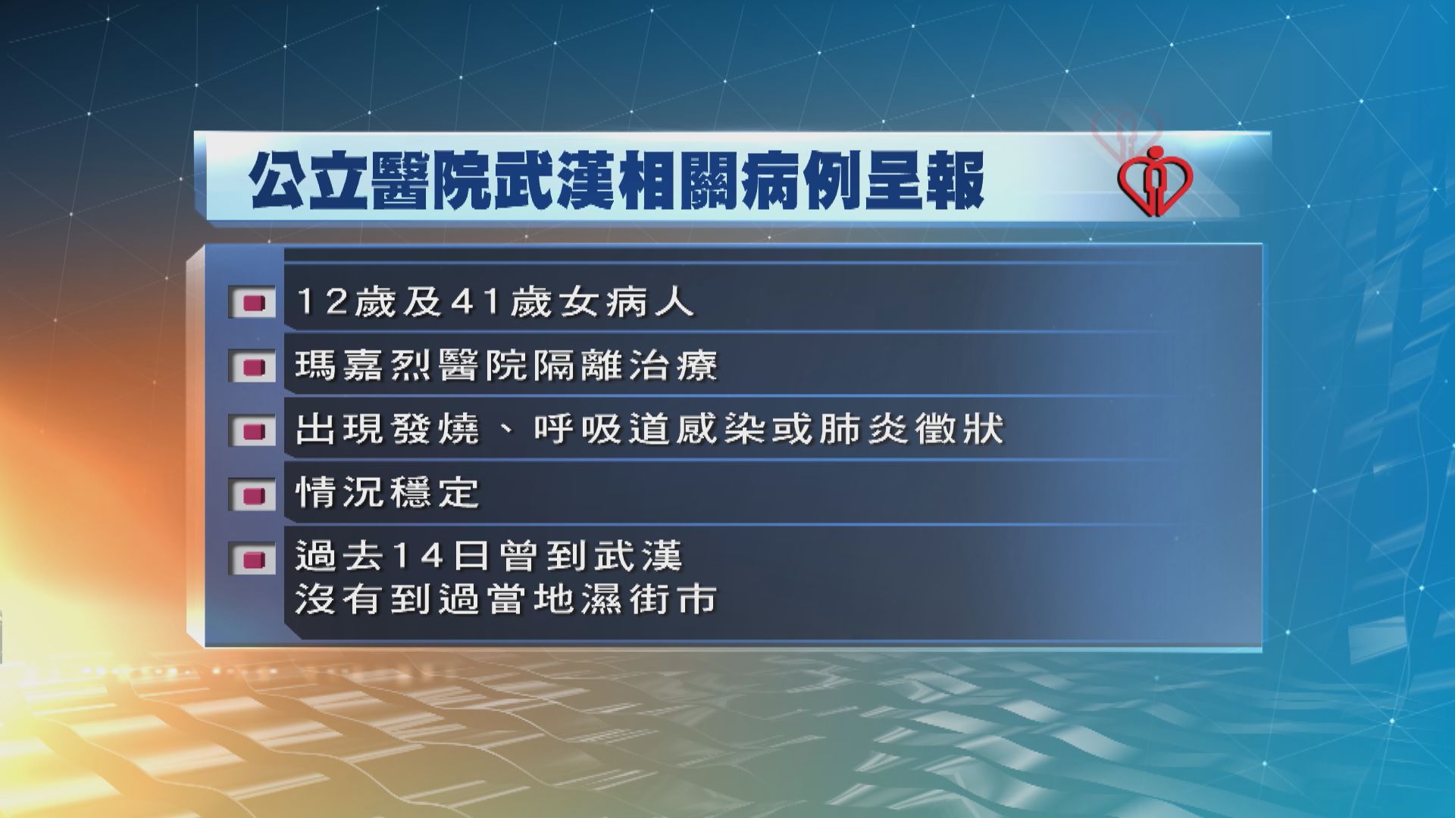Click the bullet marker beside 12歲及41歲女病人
pyautogui.click(x=253, y=304)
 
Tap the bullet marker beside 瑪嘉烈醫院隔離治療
pyautogui.click(x=253, y=367)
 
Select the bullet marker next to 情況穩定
pyautogui.click(x=253, y=495)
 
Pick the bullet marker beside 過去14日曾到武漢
pyautogui.click(x=253, y=559)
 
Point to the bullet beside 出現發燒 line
pyautogui.click(x=253, y=431)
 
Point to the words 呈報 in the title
pyautogui.click(x=921, y=181)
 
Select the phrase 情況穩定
pyautogui.click(x=387, y=494)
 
